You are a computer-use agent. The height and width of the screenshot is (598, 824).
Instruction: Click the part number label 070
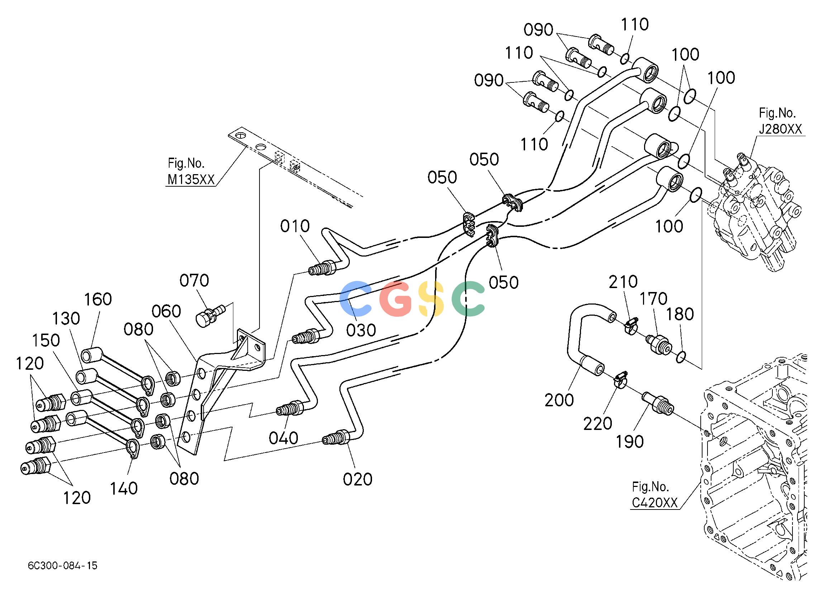pos(194,281)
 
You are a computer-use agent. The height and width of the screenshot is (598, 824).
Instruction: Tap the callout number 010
pos(295,226)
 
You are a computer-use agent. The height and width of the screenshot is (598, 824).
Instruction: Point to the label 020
pos(357,479)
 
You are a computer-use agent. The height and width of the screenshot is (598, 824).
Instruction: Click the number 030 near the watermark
pos(361,330)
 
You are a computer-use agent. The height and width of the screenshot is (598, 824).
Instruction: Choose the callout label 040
pos(284,439)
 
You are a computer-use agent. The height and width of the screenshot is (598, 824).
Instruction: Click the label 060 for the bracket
pos(166,311)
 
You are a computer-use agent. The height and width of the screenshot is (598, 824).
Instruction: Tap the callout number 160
pos(98,300)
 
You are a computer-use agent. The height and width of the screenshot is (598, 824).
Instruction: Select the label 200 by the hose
pos(559,400)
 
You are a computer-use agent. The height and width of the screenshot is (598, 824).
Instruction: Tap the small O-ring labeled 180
pos(681,357)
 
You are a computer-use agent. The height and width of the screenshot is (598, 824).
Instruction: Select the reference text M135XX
pos(191,179)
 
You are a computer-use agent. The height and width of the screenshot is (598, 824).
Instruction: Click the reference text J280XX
pos(780,129)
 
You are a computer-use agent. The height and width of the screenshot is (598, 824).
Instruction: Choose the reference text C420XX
pos(655,503)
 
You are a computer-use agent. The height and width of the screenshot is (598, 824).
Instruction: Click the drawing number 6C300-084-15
pos(62,566)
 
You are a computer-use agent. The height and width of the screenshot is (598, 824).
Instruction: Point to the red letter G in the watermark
pos(396,298)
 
